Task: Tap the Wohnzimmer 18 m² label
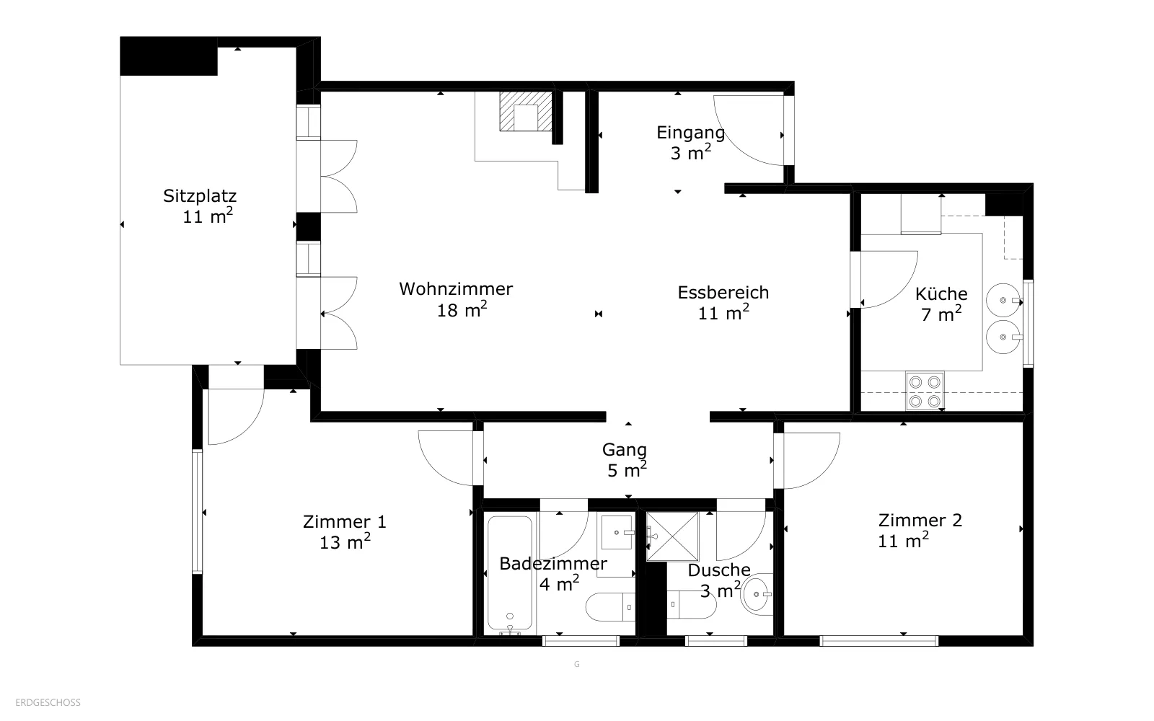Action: (x=456, y=299)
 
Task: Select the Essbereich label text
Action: (x=723, y=293)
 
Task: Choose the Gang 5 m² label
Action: (x=625, y=460)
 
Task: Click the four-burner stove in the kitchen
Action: (x=925, y=392)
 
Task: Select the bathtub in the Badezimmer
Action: (x=510, y=573)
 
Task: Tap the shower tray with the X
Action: (x=673, y=536)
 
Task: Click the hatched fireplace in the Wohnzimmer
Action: (x=526, y=111)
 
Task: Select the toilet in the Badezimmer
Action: (x=610, y=606)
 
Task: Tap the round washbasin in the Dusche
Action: (x=757, y=594)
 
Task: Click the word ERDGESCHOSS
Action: (x=48, y=703)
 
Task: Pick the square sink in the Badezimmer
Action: (x=617, y=533)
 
